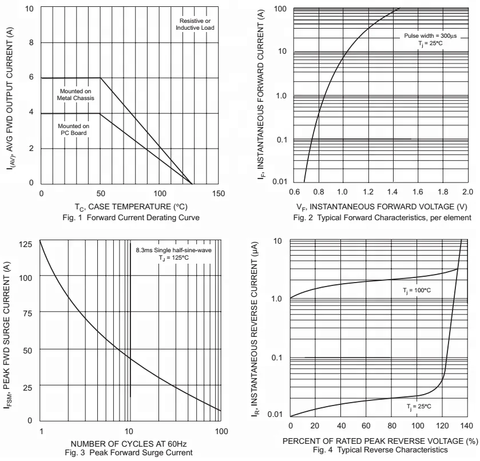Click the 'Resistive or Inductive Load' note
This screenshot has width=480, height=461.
pos(195,23)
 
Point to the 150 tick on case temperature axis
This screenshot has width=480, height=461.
pos(218,194)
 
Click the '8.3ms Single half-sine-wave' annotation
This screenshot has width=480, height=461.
pos(173,251)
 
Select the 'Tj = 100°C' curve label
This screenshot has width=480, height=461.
pos(416,291)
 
